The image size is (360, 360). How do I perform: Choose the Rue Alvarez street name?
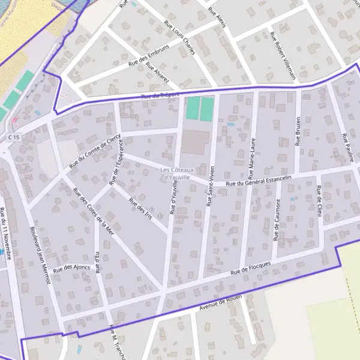[x=158, y=75]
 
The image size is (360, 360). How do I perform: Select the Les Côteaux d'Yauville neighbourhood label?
[x=176, y=174]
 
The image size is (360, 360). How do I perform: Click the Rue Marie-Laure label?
[x=253, y=154]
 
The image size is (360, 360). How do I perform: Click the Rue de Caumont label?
[x=277, y=229]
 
